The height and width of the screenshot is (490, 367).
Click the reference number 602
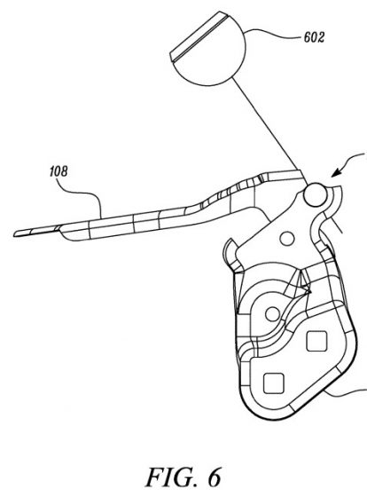tap(314, 37)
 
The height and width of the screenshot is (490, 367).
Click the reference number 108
tap(59, 171)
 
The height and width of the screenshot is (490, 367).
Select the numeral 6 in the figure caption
tap(214, 477)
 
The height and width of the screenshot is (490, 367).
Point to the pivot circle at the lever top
tap(316, 194)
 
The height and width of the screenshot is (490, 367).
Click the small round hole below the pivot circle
tap(287, 239)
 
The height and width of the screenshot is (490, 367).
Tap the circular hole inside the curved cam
tap(272, 314)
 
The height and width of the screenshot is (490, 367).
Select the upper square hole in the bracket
tap(316, 341)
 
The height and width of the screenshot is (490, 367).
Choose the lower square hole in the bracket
tap(274, 383)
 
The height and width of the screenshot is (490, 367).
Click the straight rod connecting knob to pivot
tap(269, 130)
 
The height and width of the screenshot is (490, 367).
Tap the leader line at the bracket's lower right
tap(345, 394)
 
